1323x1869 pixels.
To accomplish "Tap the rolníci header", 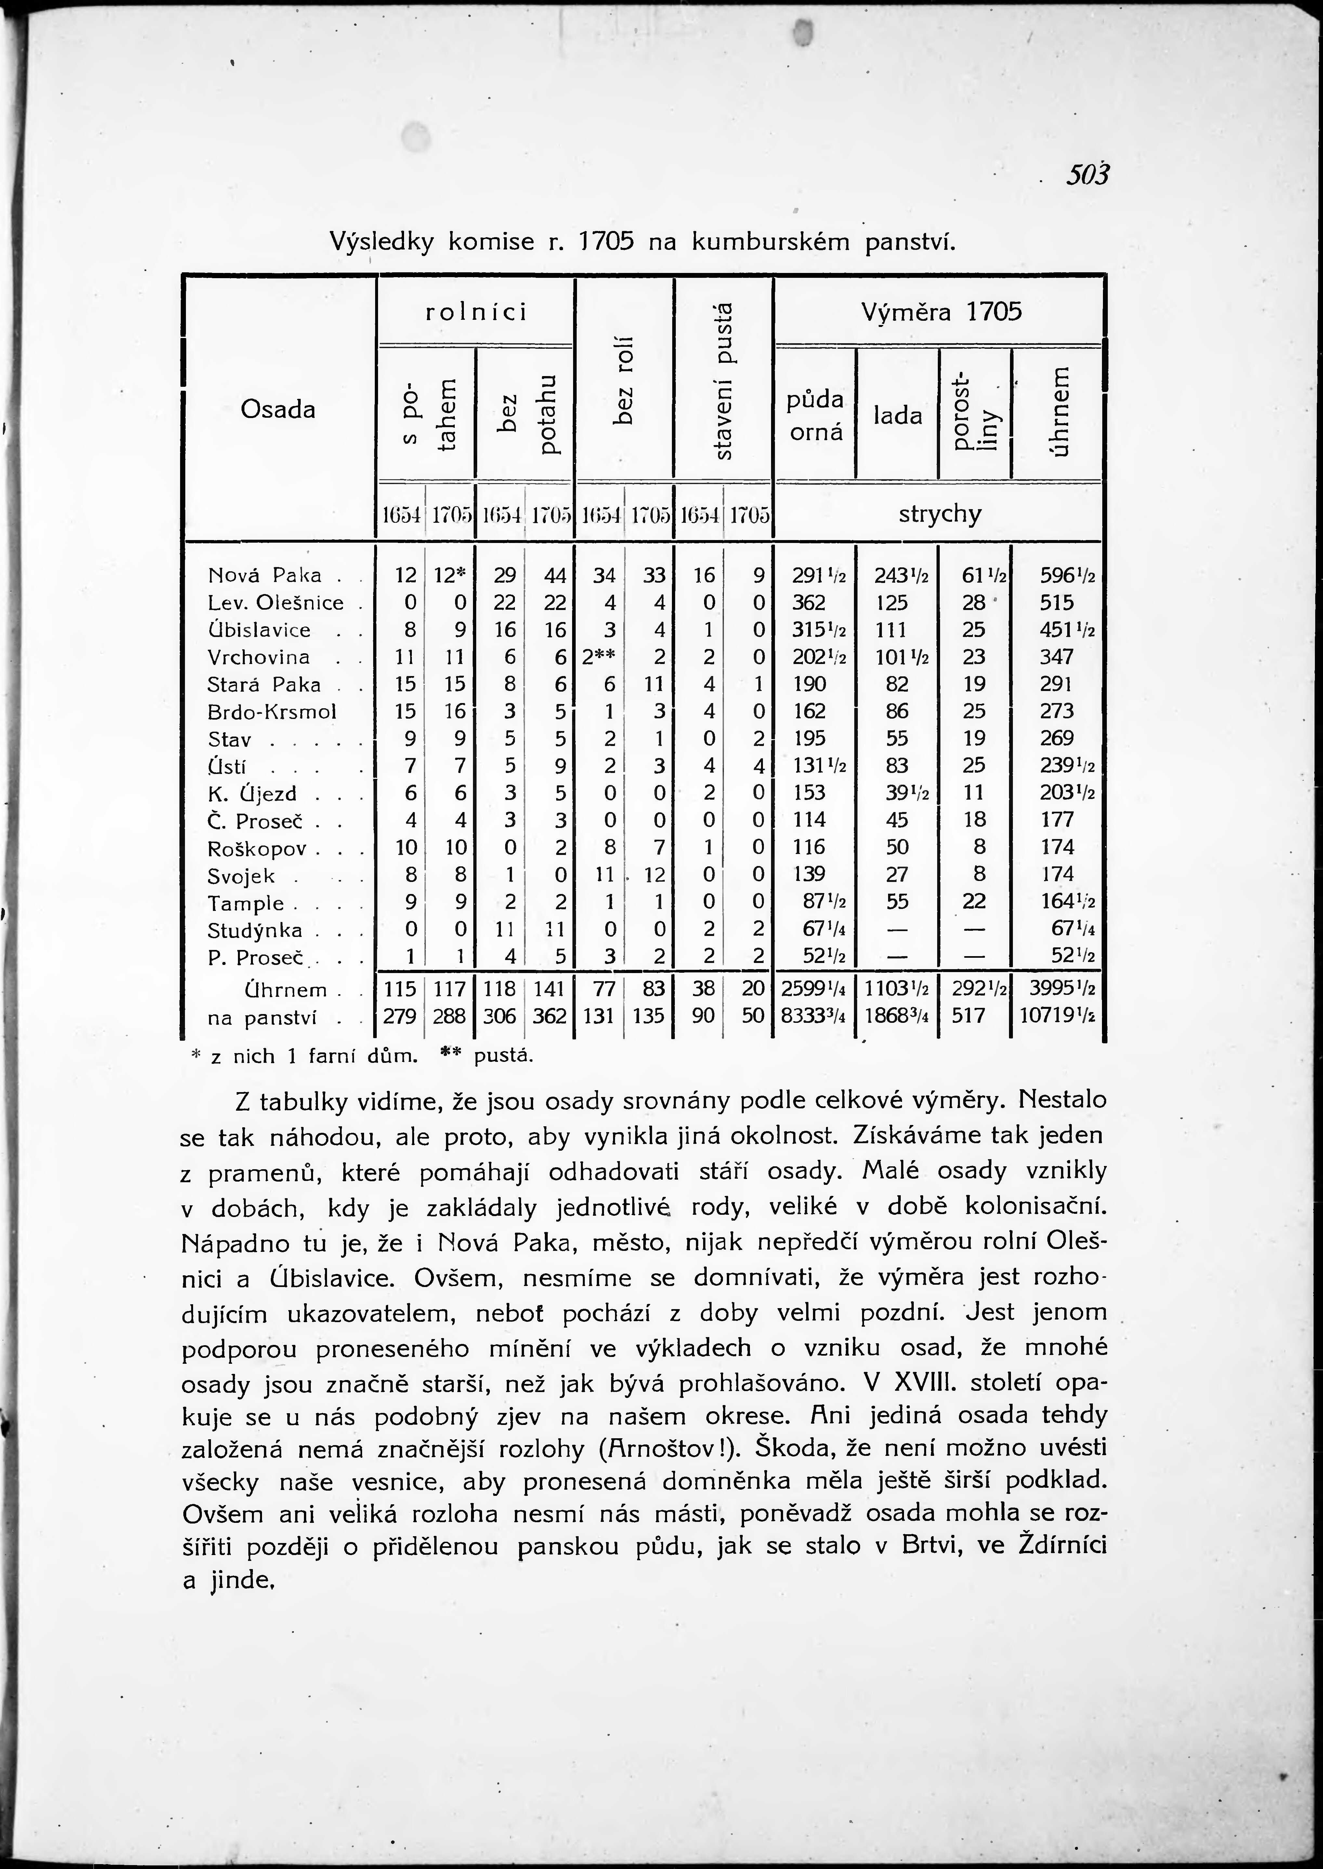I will (x=477, y=312).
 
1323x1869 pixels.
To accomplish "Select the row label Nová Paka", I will (x=265, y=576).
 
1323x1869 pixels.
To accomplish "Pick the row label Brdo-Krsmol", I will (x=272, y=711).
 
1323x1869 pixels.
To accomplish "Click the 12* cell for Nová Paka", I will (x=449, y=576).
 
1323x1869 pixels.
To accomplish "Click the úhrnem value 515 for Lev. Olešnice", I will (x=1057, y=603).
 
